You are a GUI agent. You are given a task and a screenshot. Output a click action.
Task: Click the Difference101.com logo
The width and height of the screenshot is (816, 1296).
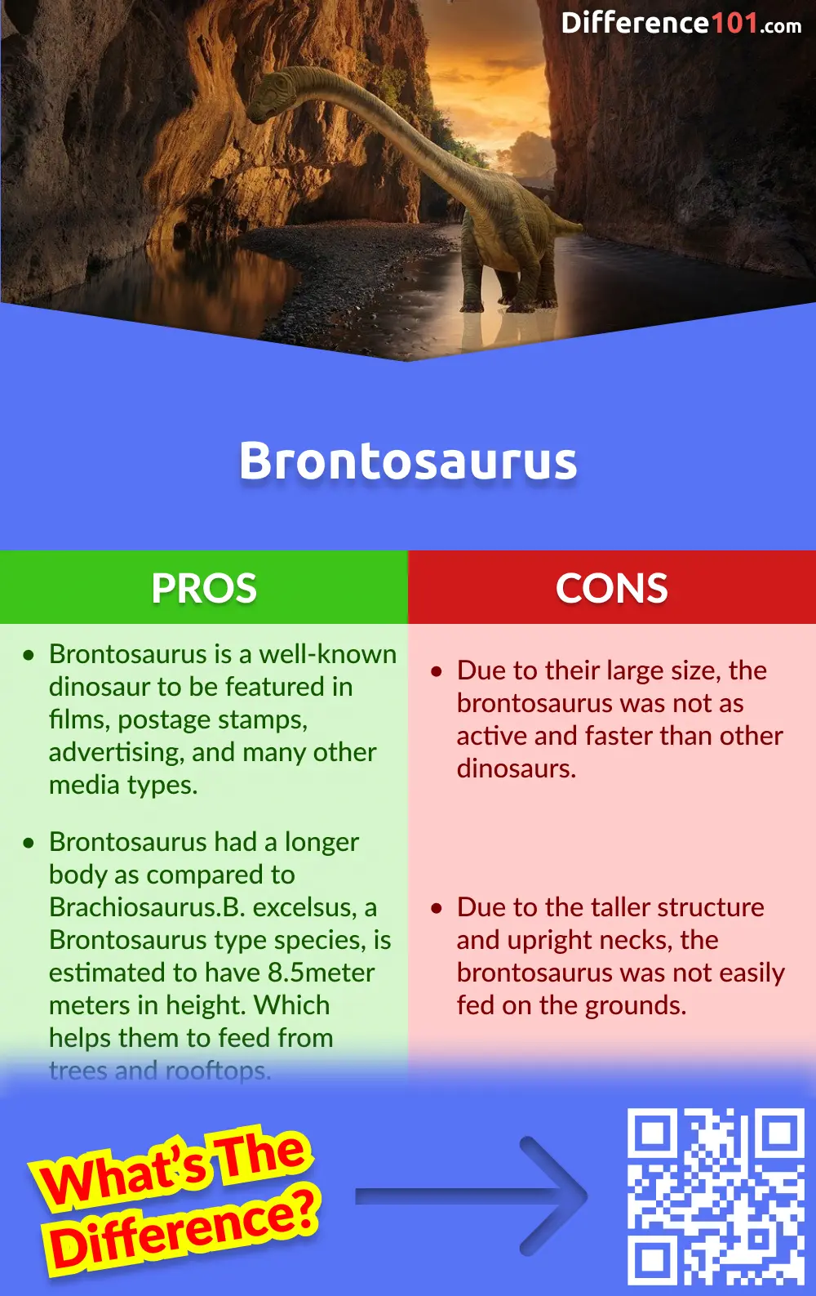click(x=681, y=23)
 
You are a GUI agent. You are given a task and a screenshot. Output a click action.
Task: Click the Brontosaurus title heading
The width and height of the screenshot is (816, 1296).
click(x=408, y=461)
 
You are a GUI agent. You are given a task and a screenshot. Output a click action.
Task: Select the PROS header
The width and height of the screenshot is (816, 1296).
click(x=204, y=588)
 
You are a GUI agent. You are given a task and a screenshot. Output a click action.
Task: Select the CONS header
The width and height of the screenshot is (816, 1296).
click(x=612, y=588)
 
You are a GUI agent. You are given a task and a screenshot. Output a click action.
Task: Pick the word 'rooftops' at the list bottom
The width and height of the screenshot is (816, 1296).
click(x=217, y=1070)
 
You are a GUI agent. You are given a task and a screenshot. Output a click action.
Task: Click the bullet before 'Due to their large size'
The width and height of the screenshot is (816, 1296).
click(x=437, y=672)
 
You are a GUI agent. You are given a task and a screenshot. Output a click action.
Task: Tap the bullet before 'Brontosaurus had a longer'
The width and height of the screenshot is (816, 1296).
click(x=29, y=844)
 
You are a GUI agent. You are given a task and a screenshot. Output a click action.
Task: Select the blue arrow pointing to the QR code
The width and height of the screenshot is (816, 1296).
click(x=473, y=1196)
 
